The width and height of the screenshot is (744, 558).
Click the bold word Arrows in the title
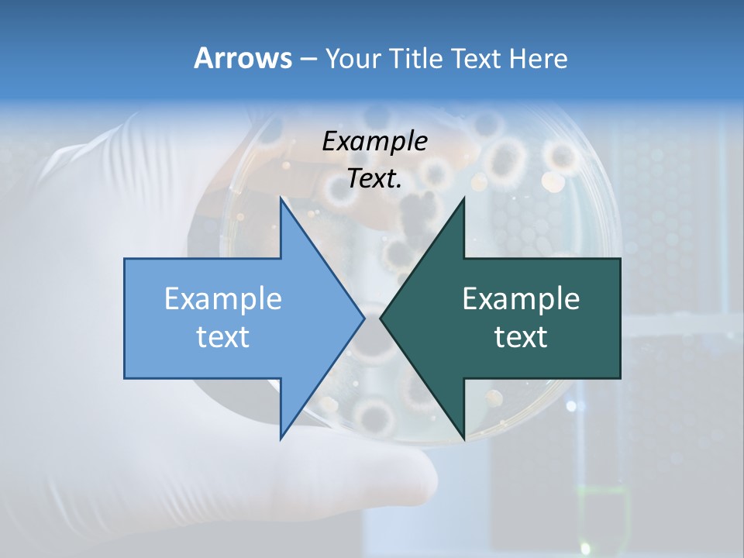(x=242, y=58)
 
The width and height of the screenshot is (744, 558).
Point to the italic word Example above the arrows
(x=375, y=141)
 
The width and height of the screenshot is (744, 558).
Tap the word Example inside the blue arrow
(x=223, y=298)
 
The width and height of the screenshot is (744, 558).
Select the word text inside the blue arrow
(x=223, y=336)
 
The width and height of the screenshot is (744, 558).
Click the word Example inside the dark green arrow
(x=521, y=298)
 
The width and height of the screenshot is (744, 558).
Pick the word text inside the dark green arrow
(x=521, y=336)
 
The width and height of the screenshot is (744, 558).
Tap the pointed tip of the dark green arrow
(x=381, y=318)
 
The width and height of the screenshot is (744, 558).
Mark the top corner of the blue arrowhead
(x=281, y=200)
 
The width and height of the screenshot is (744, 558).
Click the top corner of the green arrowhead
(x=463, y=200)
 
